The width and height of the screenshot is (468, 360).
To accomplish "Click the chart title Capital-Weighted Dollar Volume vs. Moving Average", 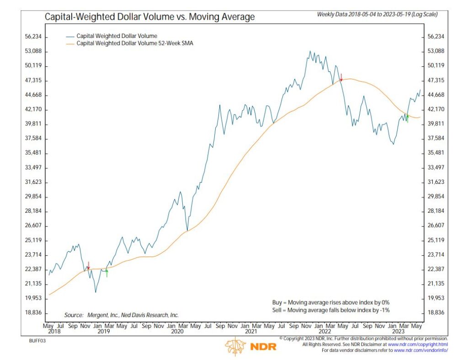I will click(x=149, y=17).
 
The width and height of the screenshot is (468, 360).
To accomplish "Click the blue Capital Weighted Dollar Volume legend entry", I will click(x=117, y=36).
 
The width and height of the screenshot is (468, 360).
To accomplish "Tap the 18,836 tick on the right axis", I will click(x=436, y=312).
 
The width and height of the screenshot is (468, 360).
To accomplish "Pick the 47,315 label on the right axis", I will click(x=436, y=81).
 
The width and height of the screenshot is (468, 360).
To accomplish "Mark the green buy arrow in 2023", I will click(x=407, y=118).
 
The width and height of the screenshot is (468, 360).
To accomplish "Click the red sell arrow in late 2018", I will click(x=88, y=265).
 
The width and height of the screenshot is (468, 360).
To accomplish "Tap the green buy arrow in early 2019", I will click(x=106, y=273).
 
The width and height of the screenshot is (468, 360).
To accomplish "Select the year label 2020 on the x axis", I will click(x=177, y=331).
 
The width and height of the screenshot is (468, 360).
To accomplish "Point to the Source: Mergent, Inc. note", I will click(x=121, y=315).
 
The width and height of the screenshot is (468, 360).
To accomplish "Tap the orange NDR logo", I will click(x=250, y=346).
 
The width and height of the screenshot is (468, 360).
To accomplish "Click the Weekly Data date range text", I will click(x=377, y=15).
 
